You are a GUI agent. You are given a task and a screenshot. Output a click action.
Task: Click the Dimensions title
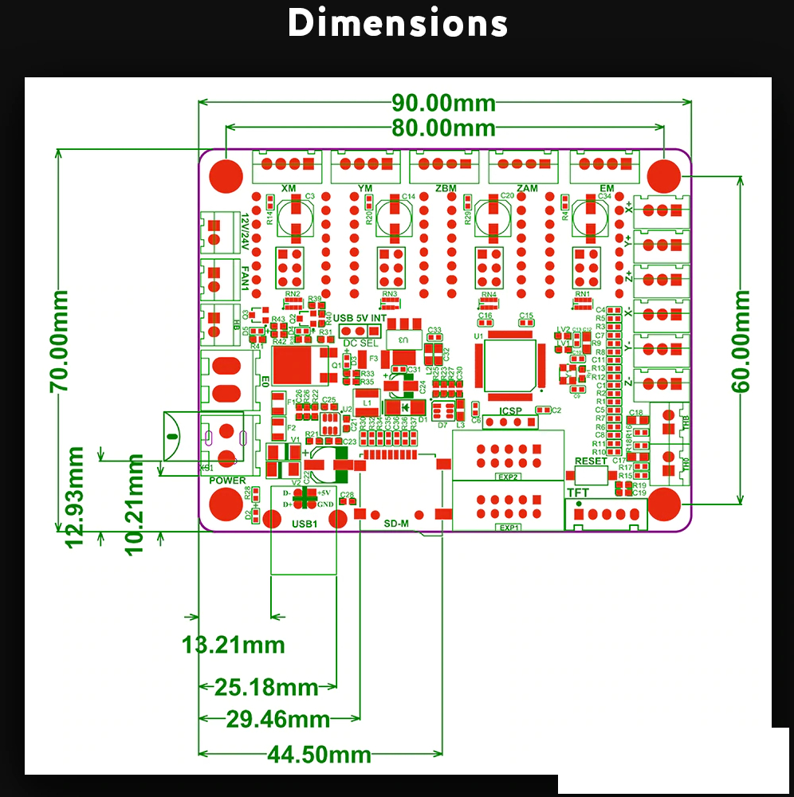click(397, 24)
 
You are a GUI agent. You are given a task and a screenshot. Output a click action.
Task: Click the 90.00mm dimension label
click(443, 103)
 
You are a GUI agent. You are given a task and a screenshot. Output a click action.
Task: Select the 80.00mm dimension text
click(443, 128)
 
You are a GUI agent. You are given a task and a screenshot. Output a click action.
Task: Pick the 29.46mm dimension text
click(278, 720)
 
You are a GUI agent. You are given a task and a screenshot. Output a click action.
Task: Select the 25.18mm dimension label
click(266, 687)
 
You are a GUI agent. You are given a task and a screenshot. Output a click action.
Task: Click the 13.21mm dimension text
click(234, 644)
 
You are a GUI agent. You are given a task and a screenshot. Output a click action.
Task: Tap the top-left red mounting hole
click(226, 175)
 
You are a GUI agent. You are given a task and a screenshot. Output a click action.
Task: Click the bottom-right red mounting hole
click(664, 505)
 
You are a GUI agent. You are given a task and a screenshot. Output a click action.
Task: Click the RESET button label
click(591, 461)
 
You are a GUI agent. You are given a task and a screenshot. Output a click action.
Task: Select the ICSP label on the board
click(510, 411)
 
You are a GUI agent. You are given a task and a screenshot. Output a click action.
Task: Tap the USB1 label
click(305, 524)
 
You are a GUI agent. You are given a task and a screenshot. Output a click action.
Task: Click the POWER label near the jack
click(227, 481)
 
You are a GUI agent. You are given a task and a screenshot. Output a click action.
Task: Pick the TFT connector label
click(577, 493)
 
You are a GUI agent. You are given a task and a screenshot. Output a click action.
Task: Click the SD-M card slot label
click(396, 524)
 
